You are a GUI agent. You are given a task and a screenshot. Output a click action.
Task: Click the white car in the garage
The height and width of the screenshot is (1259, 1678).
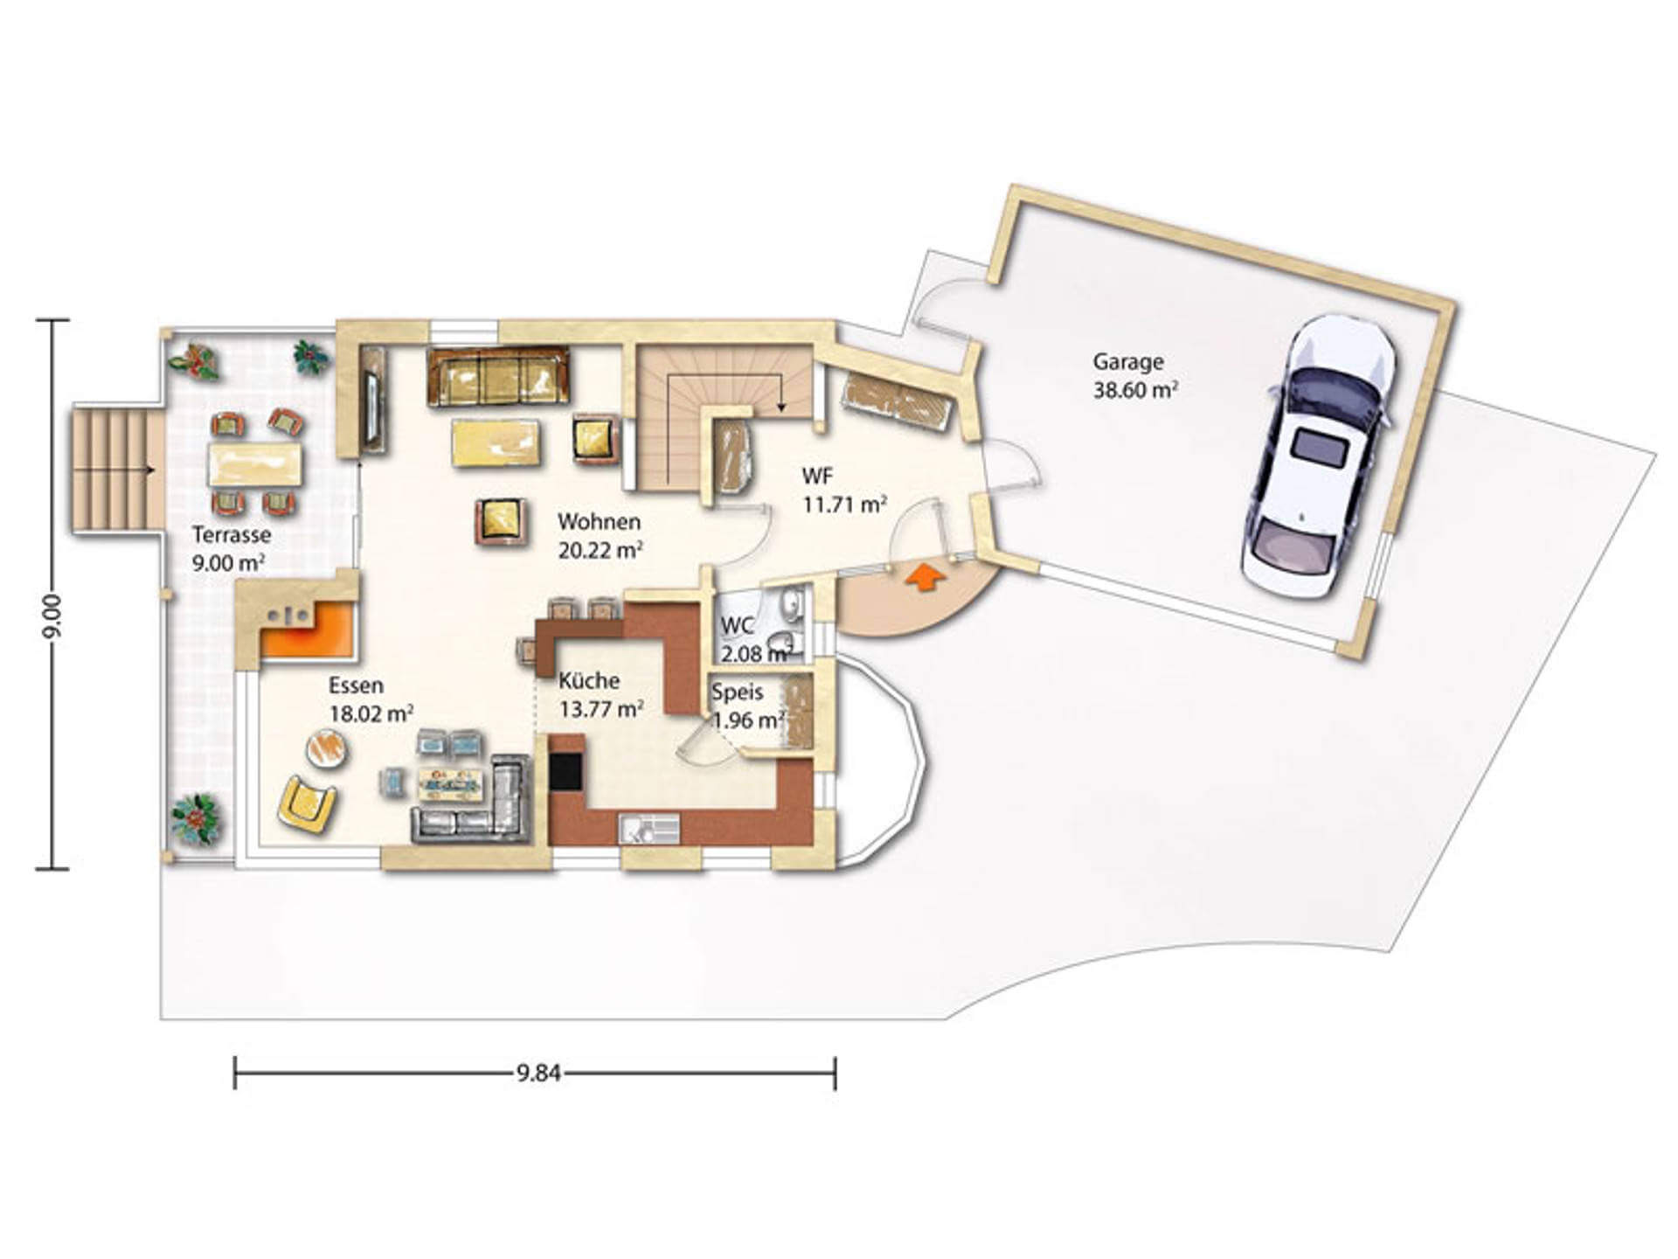click(x=1318, y=456)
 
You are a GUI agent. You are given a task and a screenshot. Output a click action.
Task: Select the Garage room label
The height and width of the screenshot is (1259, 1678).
click(x=1128, y=361)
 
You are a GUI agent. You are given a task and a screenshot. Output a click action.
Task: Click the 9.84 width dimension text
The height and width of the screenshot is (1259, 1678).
click(x=537, y=1073)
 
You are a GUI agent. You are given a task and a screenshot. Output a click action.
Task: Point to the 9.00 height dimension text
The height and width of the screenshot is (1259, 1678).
click(x=53, y=616)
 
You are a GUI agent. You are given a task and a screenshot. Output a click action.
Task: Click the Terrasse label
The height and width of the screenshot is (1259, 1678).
click(x=232, y=534)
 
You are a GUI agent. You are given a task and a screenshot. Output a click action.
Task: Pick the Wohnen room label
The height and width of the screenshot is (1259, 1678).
click(x=599, y=522)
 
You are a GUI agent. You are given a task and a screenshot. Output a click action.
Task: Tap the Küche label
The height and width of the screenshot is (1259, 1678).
click(x=589, y=680)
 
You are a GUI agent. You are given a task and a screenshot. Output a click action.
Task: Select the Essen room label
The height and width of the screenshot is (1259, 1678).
click(x=356, y=685)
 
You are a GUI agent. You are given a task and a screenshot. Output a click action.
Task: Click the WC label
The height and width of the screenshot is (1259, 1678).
click(x=737, y=626)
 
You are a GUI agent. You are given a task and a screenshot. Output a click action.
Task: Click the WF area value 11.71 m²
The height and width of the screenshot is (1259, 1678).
click(x=845, y=504)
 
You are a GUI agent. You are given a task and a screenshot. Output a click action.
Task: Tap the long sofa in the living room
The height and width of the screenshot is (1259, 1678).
click(x=497, y=376)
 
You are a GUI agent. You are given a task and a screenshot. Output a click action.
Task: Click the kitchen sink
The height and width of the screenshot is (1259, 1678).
click(x=649, y=828)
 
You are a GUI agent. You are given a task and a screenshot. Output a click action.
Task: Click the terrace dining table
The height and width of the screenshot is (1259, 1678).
click(x=255, y=464)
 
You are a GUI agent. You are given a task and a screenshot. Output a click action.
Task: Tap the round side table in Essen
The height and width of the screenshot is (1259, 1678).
click(x=329, y=748)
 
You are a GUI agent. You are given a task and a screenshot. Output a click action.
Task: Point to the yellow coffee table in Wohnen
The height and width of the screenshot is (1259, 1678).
click(x=496, y=442)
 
